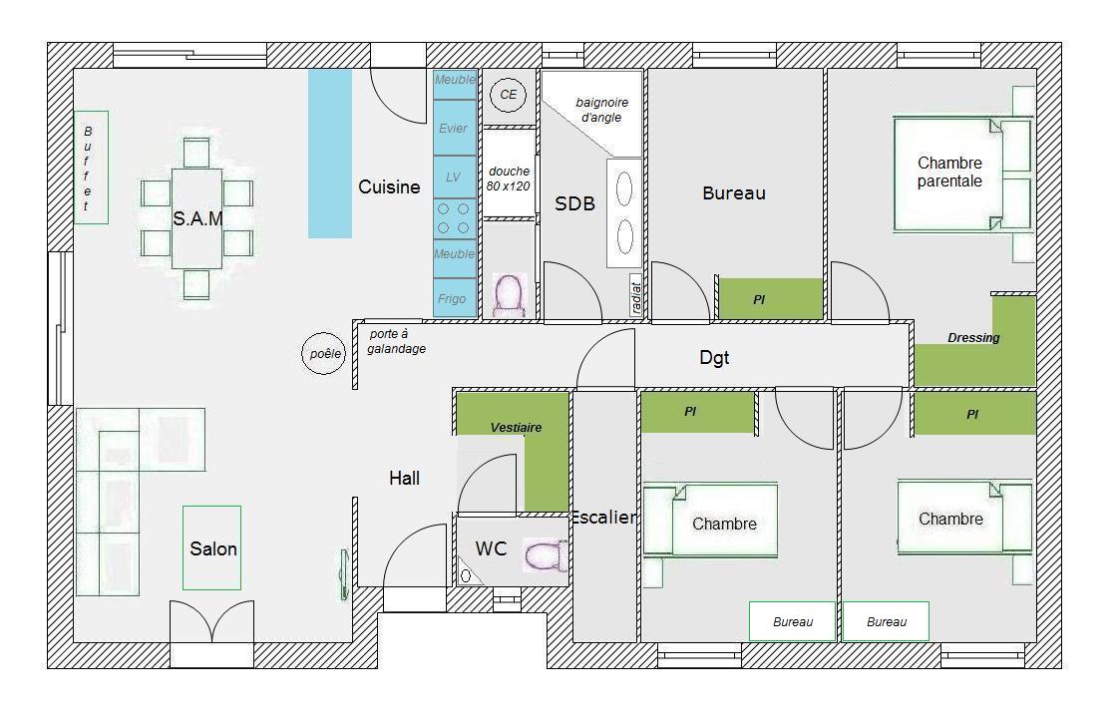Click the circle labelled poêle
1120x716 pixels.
(323, 354)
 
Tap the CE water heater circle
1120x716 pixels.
(508, 94)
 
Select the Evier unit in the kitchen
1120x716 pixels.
(455, 128)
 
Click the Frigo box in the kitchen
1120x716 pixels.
(455, 298)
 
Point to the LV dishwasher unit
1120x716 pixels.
(455, 178)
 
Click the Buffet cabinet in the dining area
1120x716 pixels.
(91, 168)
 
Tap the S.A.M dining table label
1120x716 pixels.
(197, 218)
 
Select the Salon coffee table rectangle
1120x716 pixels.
(212, 548)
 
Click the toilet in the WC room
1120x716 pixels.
(545, 555)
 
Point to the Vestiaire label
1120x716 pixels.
(516, 428)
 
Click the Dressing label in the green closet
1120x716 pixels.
(973, 338)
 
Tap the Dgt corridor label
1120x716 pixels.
(714, 358)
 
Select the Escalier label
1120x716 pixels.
(603, 517)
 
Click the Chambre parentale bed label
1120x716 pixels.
(949, 173)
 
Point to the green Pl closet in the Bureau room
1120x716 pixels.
(771, 298)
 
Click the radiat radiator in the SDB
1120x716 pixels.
(635, 295)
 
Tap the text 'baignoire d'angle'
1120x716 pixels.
(601, 110)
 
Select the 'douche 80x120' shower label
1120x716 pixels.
(509, 179)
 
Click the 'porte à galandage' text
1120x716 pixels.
(396, 341)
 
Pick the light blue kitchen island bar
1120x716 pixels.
(330, 154)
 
